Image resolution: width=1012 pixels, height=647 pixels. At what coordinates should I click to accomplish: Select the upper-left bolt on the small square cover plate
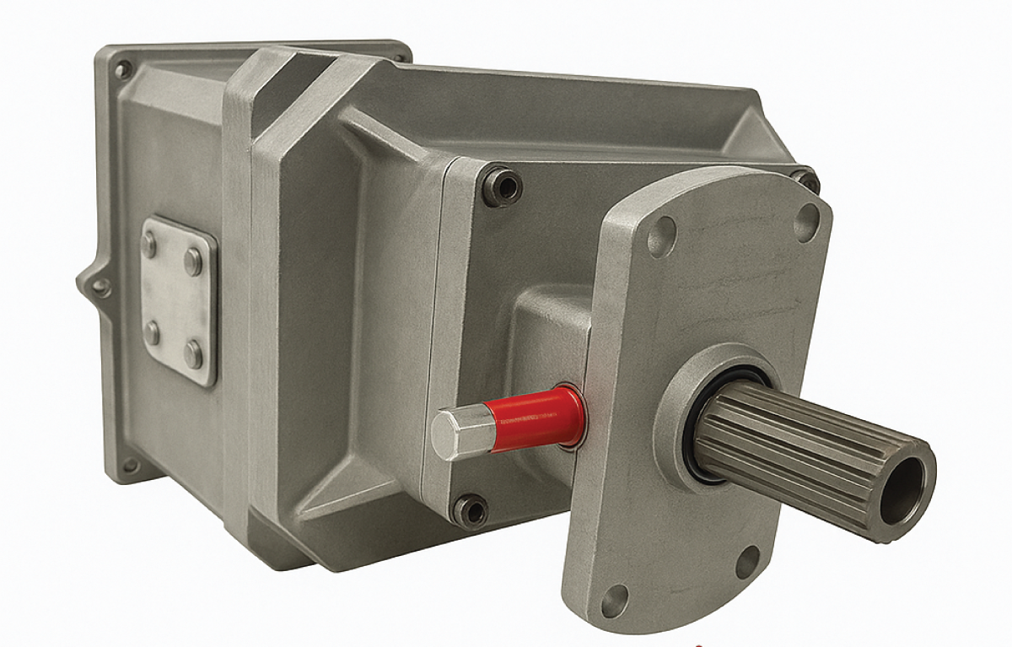[149, 245]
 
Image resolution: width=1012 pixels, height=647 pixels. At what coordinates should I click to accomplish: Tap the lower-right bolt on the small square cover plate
[193, 353]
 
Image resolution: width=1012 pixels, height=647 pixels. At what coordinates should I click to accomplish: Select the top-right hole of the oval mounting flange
[807, 218]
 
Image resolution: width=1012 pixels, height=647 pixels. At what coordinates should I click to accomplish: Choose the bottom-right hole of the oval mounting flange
[748, 561]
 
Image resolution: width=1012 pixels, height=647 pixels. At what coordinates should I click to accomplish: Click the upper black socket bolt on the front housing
[503, 186]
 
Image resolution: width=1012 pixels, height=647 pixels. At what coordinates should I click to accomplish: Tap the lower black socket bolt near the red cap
[470, 510]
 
